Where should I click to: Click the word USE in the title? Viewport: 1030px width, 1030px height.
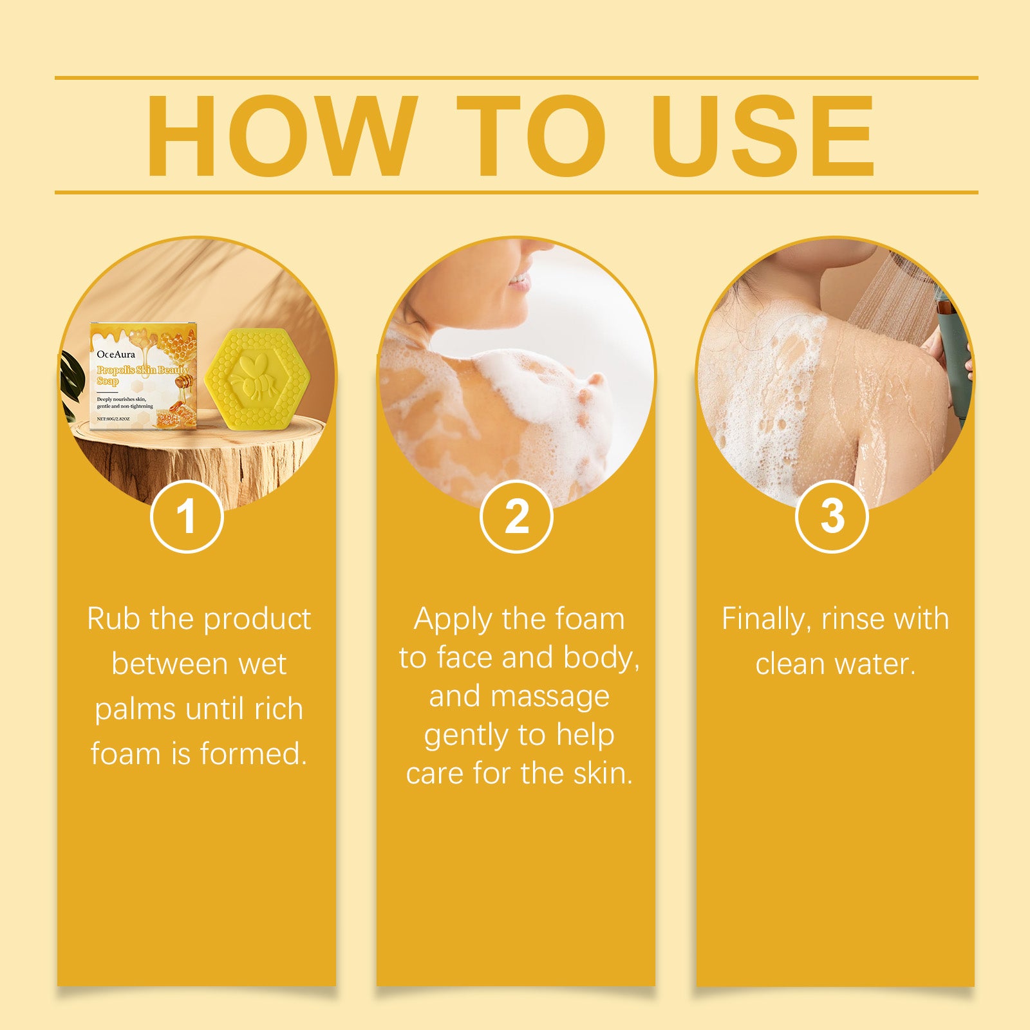(763, 136)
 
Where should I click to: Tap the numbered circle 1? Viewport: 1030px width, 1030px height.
(187, 516)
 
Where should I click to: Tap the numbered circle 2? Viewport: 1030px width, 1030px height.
(516, 516)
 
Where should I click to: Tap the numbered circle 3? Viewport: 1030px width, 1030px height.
(832, 516)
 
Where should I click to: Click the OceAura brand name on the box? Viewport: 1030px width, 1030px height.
(116, 354)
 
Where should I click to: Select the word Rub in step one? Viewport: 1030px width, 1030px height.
(113, 619)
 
